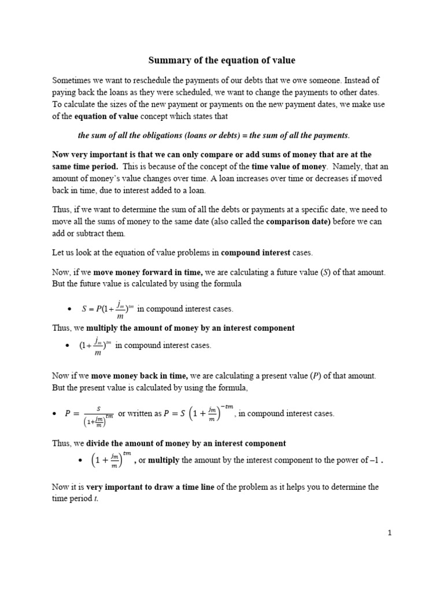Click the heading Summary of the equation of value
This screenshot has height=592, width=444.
[x=221, y=60]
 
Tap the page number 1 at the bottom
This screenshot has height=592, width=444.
[x=390, y=533]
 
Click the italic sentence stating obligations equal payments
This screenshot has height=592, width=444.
[x=214, y=135]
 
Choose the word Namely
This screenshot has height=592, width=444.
[x=345, y=166]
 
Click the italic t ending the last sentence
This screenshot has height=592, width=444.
[x=95, y=498]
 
